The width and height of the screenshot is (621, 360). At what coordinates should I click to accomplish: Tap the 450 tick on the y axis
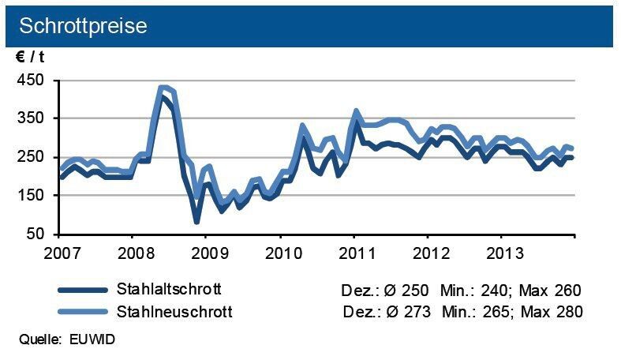point(32,81)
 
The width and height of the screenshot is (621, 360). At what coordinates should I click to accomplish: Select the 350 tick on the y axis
point(32,118)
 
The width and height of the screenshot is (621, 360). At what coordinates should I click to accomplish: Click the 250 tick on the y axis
point(32,157)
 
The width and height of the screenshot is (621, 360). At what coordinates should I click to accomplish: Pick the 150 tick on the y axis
point(32,196)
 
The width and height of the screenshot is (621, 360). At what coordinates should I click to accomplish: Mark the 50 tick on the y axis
point(36,234)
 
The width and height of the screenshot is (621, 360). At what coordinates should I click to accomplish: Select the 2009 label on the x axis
point(206,255)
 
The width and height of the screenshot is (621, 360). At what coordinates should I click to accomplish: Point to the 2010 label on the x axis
point(280,255)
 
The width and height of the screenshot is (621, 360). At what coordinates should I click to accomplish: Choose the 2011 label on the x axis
point(354,255)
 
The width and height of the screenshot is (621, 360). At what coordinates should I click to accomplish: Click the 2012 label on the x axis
point(427,255)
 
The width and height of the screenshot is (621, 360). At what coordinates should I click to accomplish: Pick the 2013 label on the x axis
point(501,255)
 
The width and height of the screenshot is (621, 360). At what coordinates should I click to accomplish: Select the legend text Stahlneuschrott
point(174,311)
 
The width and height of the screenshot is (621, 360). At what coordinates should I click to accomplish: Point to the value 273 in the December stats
point(417,311)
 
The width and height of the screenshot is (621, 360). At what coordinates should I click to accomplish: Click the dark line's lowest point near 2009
point(196,222)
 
